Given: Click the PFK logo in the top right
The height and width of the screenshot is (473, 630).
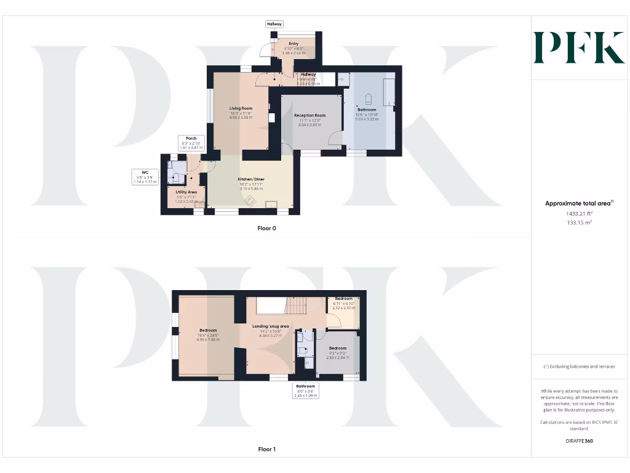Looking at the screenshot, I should [579, 48].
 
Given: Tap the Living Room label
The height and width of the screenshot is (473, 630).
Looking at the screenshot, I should [242, 108].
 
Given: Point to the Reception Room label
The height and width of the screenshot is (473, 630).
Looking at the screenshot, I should [309, 115].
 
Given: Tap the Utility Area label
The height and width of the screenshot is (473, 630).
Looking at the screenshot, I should [186, 192].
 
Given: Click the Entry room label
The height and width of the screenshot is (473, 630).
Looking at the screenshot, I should [293, 44].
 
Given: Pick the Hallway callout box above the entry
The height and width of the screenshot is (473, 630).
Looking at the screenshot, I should [274, 24].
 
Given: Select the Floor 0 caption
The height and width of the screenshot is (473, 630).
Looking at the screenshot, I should [267, 228].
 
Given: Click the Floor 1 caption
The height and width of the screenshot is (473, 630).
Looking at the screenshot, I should [267, 450].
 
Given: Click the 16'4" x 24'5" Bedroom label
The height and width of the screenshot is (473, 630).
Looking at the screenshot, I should [208, 330].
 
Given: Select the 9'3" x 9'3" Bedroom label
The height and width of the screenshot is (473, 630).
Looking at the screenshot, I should [337, 349].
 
